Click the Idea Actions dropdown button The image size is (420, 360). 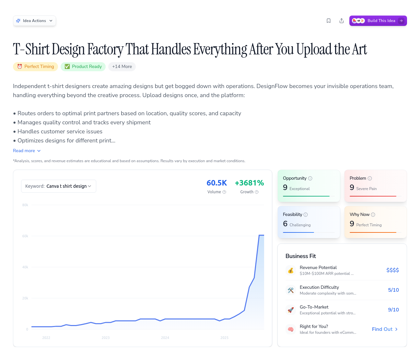point(34,21)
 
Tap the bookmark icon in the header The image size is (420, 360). point(329,21)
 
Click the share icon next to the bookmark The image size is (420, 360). point(342,21)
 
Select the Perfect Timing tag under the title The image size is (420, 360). point(36,67)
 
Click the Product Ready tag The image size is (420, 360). point(83,67)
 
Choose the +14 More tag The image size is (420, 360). point(122,67)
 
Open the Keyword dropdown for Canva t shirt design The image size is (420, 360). point(59,186)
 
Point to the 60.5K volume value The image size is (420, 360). point(217,183)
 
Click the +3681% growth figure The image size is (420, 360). point(249,183)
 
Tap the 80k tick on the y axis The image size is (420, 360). point(25,205)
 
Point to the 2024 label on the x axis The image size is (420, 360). point(165,338)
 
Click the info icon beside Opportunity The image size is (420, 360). point(310,178)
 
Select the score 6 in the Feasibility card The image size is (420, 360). point(285,224)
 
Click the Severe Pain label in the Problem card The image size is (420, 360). point(366,189)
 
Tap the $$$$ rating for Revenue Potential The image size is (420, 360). point(392,270)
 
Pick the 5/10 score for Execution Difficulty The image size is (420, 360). point(393,290)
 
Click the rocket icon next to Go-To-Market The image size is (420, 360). point(291,310)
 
